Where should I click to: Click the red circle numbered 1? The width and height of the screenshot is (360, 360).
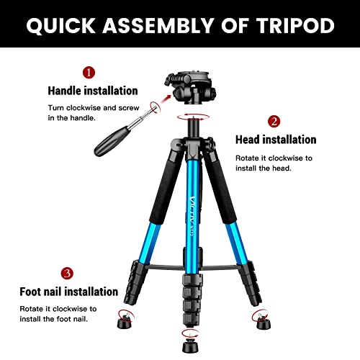tap(89, 73)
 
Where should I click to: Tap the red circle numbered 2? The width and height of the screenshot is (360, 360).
tap(274, 121)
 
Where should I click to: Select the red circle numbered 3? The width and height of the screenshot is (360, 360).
tap(67, 273)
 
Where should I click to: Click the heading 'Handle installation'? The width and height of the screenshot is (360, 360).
tap(92, 91)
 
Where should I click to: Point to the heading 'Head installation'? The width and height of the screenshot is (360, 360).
tap(276, 140)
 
